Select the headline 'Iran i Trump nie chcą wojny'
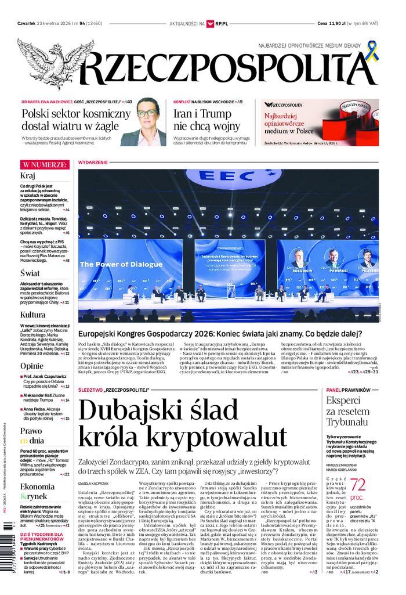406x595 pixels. (x=206, y=120)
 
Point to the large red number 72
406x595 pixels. (x=358, y=486)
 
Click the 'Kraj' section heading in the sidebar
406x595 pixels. (x=28, y=176)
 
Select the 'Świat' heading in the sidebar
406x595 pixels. (x=30, y=273)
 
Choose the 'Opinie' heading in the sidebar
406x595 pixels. (x=32, y=366)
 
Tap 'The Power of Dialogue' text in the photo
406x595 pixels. (x=121, y=265)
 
